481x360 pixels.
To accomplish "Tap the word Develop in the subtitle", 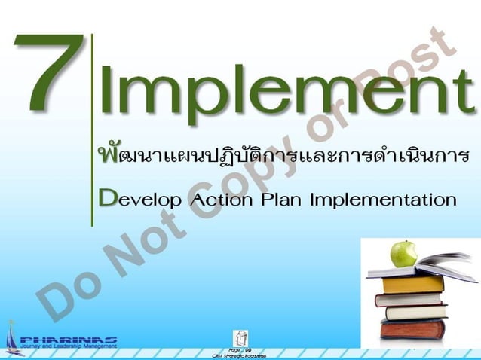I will coord(139,200).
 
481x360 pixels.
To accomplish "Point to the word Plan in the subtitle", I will coord(282,200).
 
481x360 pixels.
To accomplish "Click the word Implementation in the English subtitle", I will coord(383,200).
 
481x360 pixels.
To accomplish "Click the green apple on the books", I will coord(404,253).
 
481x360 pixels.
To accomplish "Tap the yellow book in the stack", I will coord(413,284).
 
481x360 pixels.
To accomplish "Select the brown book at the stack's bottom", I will coord(414,329).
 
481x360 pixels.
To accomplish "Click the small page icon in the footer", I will coord(240,337).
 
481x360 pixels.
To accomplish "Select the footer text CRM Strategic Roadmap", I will coord(240,355).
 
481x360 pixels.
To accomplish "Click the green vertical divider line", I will coord(92,128).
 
